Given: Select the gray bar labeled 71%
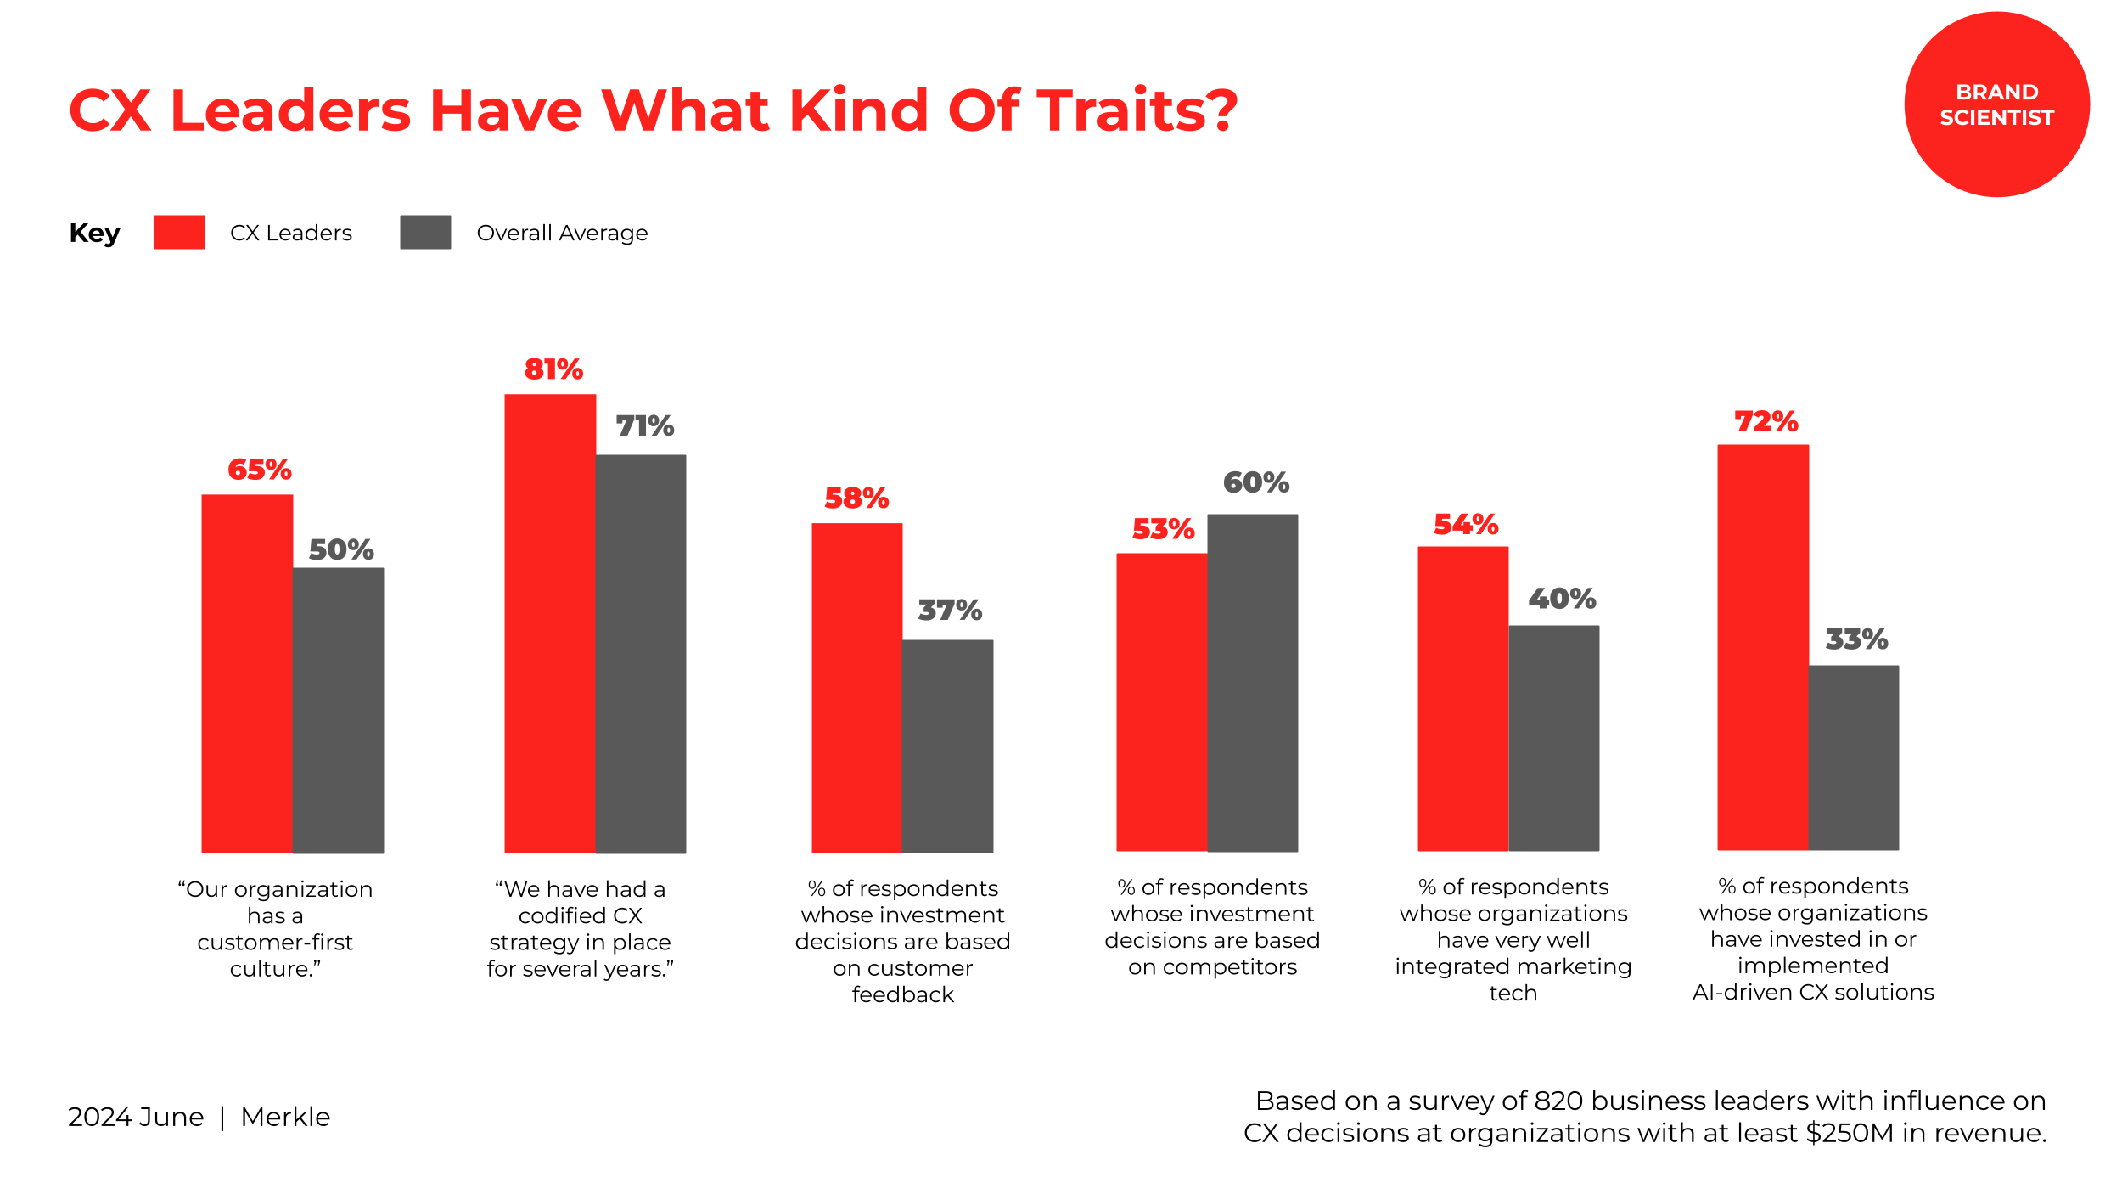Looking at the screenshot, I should [x=641, y=653].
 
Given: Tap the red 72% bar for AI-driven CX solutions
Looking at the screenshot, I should [x=1763, y=647].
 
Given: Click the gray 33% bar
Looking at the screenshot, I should [x=1854, y=758].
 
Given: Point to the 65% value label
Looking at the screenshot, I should [x=260, y=470].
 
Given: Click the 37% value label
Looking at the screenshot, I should [x=950, y=610].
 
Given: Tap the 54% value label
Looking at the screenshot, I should [x=1466, y=524].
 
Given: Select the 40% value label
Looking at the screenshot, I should [x=1562, y=599].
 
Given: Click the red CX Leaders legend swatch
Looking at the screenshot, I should [x=179, y=232].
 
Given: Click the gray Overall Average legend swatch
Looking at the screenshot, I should [x=425, y=232].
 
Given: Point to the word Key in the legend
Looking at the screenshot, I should [x=94, y=233].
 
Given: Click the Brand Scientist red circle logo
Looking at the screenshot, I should [x=1996, y=104].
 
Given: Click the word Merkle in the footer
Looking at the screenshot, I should [x=285, y=1117].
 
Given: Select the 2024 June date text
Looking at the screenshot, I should [x=136, y=1117].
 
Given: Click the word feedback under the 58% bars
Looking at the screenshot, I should [x=902, y=994].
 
